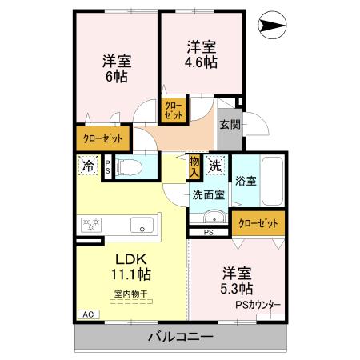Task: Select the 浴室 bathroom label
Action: pos(246,181)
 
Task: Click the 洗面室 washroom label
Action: pos(208,194)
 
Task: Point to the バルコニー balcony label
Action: pos(180,336)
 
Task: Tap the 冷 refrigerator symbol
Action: pos(86,167)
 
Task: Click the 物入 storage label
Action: pos(194,167)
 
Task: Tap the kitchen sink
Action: pos(142,225)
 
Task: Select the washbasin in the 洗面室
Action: pos(210,218)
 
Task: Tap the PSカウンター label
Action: pos(257,305)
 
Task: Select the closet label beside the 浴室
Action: pos(258,224)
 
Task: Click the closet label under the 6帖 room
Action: pos(103,138)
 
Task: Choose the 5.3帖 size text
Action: pos(238,287)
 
